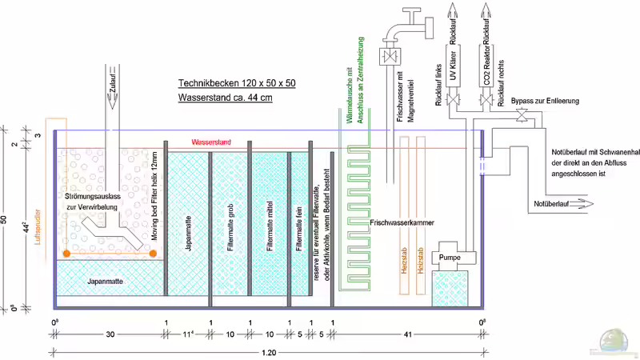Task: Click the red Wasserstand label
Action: click(211, 142)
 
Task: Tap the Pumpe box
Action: click(452, 258)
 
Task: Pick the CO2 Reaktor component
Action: click(487, 65)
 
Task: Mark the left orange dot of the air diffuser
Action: click(66, 254)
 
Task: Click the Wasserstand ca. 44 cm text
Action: click(225, 98)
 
